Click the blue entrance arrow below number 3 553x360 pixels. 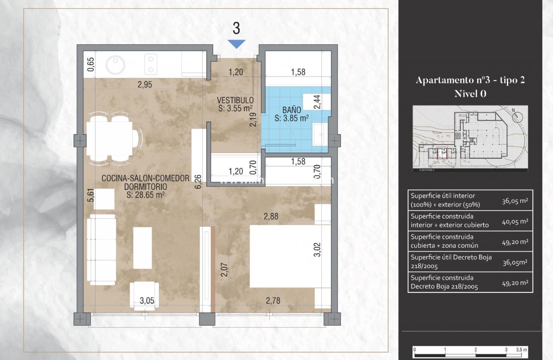pyautogui.click(x=236, y=44)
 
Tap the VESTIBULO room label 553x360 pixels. pyautogui.click(x=235, y=101)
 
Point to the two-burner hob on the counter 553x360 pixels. pyautogui.click(x=150, y=64)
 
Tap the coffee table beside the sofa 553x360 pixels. pyautogui.click(x=142, y=247)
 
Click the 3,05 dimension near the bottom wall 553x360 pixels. pyautogui.click(x=147, y=300)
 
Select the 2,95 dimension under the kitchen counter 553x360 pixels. pyautogui.click(x=145, y=85)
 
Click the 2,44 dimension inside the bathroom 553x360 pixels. pyautogui.click(x=317, y=102)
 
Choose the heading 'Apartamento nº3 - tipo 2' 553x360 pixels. pyautogui.click(x=470, y=81)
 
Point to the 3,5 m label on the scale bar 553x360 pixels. pyautogui.click(x=521, y=349)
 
